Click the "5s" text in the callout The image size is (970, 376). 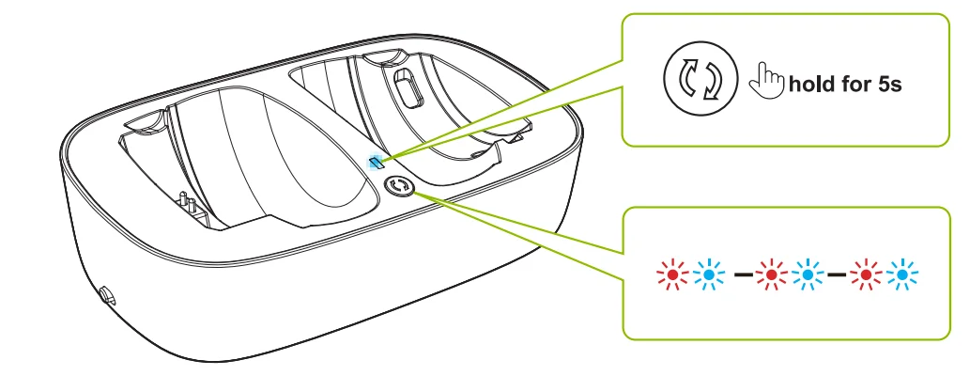(889, 84)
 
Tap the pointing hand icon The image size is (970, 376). (766, 80)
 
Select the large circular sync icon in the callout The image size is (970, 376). (701, 79)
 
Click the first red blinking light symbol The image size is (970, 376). (672, 274)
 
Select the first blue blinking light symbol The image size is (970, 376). (709, 274)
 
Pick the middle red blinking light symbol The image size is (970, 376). (771, 274)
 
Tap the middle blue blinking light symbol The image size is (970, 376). (807, 274)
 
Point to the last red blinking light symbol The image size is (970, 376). (866, 274)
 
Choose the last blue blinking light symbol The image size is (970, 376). (902, 274)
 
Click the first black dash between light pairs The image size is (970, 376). (743, 274)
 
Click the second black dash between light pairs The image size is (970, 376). (837, 274)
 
